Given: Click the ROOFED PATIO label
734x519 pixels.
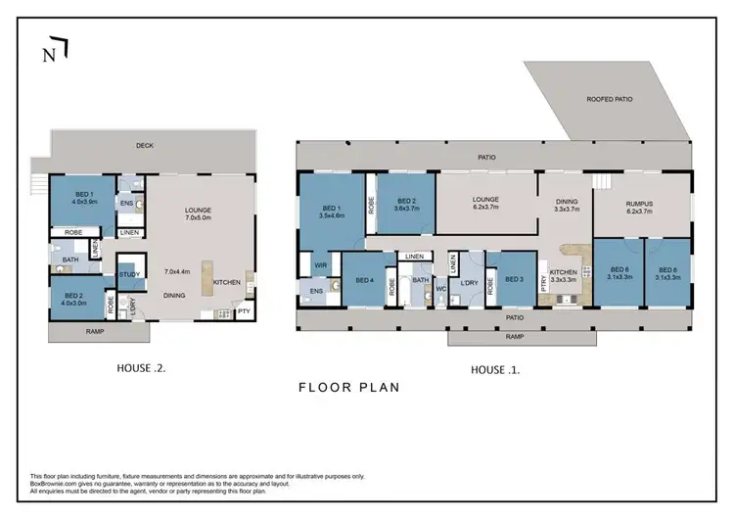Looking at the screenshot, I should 608,99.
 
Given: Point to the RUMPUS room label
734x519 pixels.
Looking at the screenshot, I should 640,204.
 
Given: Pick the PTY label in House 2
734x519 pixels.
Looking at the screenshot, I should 242,312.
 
